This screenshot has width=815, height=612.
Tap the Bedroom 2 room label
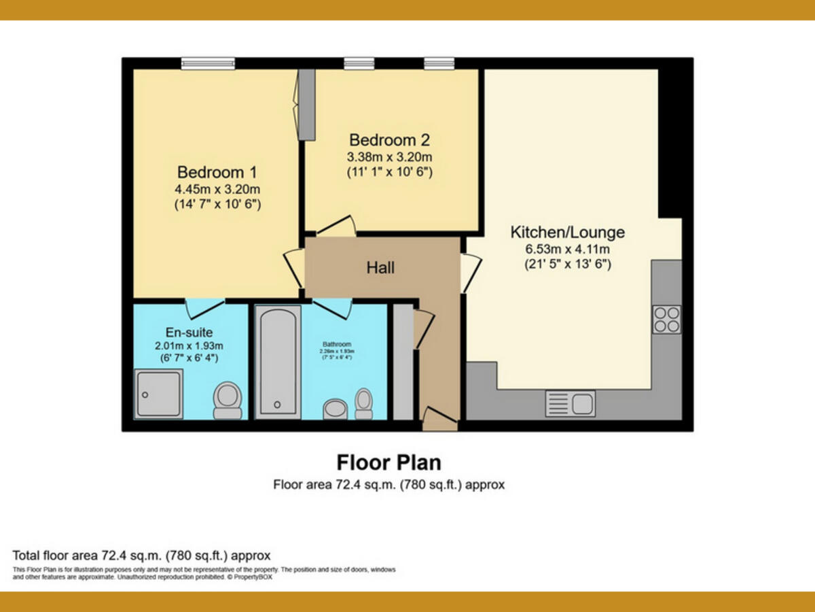[x=389, y=140]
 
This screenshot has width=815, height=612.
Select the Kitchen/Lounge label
[x=567, y=232]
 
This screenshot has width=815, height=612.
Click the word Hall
[x=380, y=268]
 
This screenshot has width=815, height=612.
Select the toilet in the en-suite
[x=227, y=400]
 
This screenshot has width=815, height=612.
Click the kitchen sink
[x=570, y=403]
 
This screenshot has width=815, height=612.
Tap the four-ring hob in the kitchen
[x=666, y=320]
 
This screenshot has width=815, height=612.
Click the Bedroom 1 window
[x=208, y=63]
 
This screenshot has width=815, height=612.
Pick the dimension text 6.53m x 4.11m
[x=567, y=249]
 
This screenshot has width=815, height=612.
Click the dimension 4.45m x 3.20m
[x=217, y=188]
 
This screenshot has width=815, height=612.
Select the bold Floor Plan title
[x=389, y=462]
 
